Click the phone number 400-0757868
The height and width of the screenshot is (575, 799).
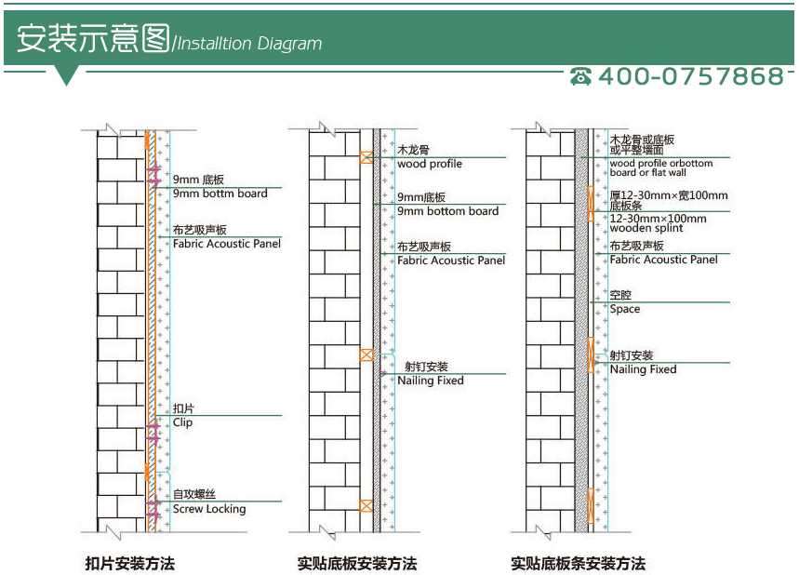[x=690, y=76]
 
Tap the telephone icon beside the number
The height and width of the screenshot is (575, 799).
[x=581, y=76]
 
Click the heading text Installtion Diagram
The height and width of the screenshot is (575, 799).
[x=248, y=44]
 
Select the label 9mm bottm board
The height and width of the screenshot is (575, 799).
[x=220, y=194]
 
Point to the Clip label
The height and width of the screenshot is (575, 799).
[x=182, y=422]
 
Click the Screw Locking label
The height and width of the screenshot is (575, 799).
[x=209, y=509]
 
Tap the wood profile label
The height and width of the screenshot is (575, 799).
[x=429, y=164]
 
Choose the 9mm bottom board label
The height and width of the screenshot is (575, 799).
[x=447, y=211]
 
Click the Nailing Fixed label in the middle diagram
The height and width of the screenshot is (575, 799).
[x=430, y=381]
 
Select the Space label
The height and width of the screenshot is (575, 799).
[x=624, y=309]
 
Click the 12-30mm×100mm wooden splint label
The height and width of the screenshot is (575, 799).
[x=658, y=223]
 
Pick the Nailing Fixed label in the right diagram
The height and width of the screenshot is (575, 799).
[x=643, y=369]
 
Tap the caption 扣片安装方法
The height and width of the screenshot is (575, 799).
[x=129, y=563]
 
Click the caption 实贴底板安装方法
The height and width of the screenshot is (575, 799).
[x=357, y=563]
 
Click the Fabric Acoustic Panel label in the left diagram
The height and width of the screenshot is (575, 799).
[x=227, y=244]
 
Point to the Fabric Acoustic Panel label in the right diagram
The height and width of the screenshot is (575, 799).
[x=663, y=260]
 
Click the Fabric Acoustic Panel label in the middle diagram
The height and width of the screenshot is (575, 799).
[x=451, y=261]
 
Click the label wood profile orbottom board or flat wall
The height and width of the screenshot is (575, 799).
[x=660, y=167]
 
